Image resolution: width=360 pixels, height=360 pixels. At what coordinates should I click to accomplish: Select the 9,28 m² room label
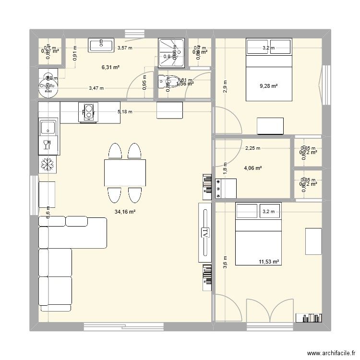[x=269, y=86]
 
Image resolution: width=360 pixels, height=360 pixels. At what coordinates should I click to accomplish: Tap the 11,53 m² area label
[x=269, y=262]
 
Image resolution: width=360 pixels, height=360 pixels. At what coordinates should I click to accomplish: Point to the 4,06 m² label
[x=252, y=168]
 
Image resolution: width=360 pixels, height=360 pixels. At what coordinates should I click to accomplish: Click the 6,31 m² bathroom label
[x=110, y=68]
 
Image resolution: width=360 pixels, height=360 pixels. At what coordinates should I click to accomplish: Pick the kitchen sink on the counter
[x=48, y=128]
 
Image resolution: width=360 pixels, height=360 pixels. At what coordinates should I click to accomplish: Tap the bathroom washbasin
[x=101, y=45]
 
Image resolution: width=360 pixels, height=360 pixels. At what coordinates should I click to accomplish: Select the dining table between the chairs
[x=125, y=172]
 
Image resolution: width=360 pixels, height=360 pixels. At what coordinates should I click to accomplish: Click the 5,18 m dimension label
[x=125, y=112]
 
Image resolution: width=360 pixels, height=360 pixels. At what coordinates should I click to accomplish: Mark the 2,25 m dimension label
[x=252, y=148]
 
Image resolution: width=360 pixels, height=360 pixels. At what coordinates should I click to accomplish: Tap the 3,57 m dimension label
[x=125, y=48]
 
